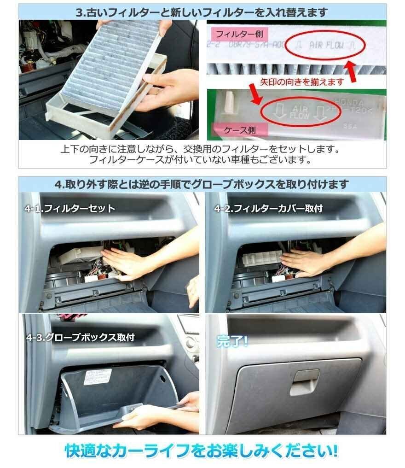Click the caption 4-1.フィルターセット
(x=70, y=209)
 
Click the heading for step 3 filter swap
(x=202, y=12)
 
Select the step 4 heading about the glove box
(x=202, y=184)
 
